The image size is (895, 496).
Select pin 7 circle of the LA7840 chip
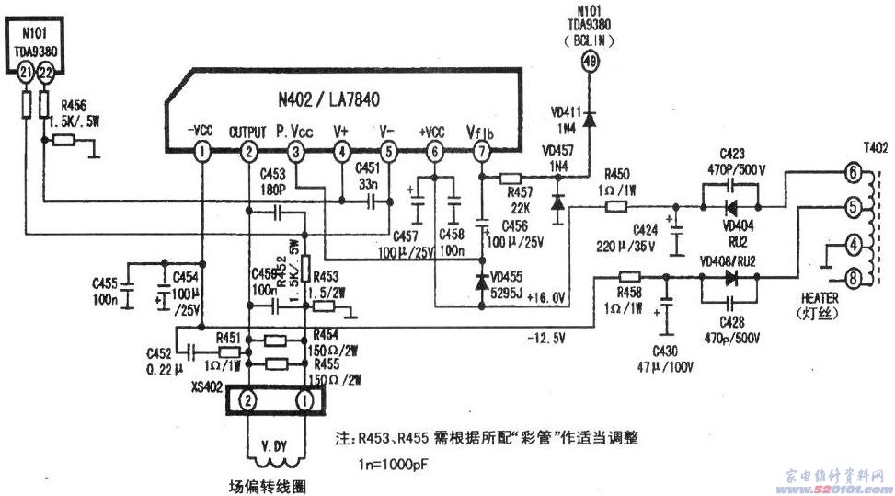(481, 152)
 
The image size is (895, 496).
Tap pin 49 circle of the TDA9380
(590, 62)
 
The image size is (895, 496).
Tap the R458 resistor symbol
(629, 275)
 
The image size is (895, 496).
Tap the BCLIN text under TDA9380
(590, 40)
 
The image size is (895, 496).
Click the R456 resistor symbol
(64, 140)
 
